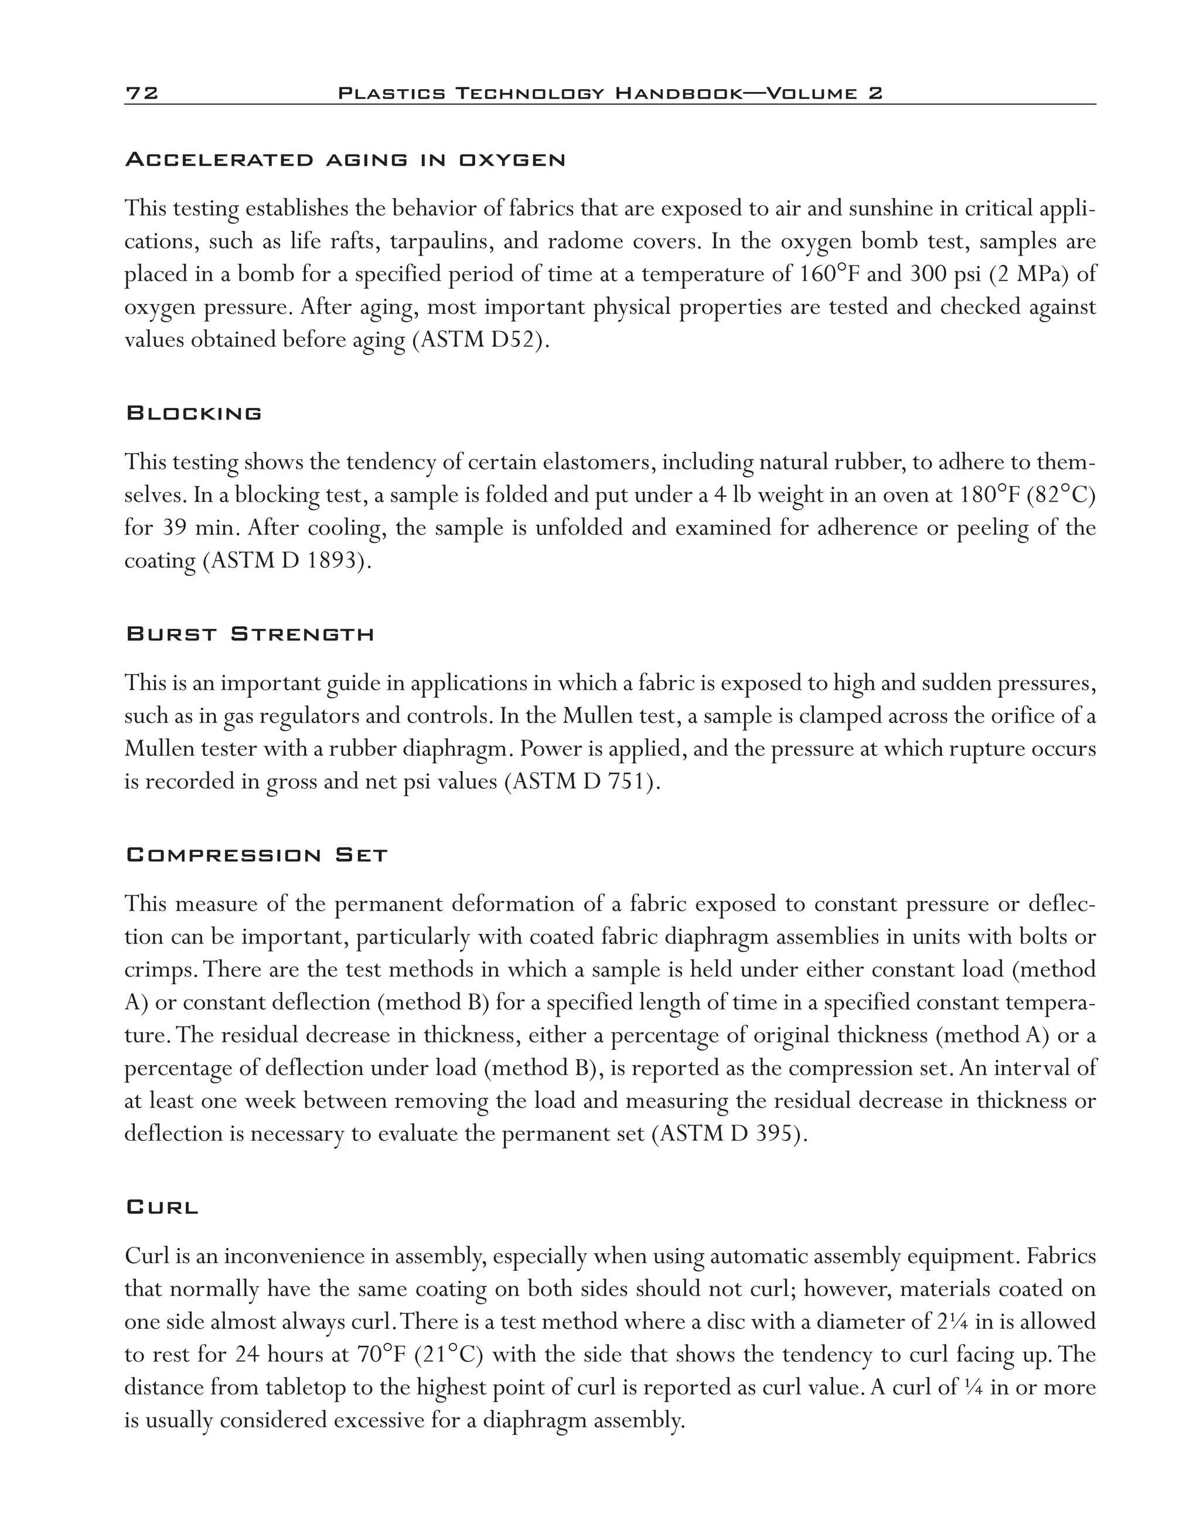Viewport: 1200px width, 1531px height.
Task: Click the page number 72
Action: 142,93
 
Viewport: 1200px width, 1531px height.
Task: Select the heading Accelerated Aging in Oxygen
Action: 345,160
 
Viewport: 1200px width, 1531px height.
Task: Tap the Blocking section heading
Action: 194,413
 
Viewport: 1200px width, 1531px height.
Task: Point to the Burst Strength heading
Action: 250,635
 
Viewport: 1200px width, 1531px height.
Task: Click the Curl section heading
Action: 162,1208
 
